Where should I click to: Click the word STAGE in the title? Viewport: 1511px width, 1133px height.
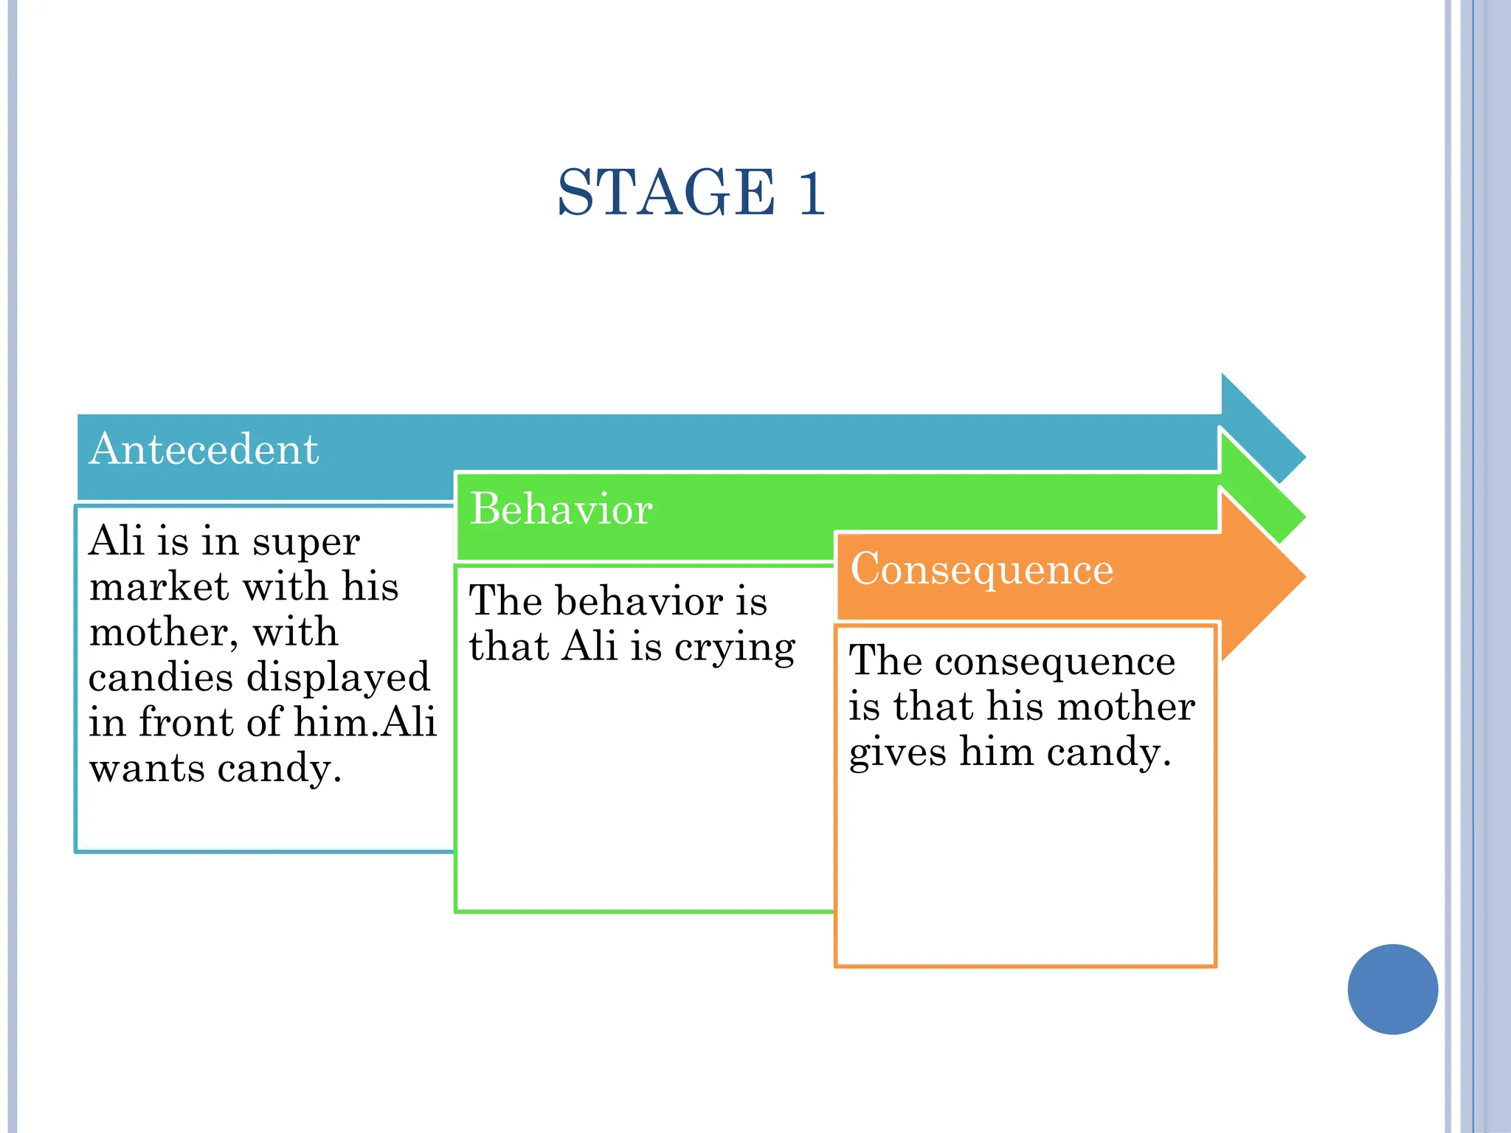(666, 193)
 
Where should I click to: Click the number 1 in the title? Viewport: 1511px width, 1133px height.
(811, 193)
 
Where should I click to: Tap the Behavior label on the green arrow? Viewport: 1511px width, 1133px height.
(561, 509)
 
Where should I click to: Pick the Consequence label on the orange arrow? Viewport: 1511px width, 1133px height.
(981, 569)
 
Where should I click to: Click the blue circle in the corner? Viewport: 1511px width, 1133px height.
(1392, 988)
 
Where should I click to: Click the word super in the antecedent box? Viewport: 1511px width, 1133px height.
(306, 542)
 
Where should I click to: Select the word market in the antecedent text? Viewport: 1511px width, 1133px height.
(159, 587)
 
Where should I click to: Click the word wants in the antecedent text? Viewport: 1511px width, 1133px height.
(146, 769)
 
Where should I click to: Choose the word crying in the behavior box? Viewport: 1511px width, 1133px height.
(735, 648)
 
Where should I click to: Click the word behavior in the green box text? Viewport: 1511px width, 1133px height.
(639, 601)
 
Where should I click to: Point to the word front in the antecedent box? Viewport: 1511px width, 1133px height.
(187, 722)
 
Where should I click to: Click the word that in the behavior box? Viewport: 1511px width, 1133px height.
(508, 647)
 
